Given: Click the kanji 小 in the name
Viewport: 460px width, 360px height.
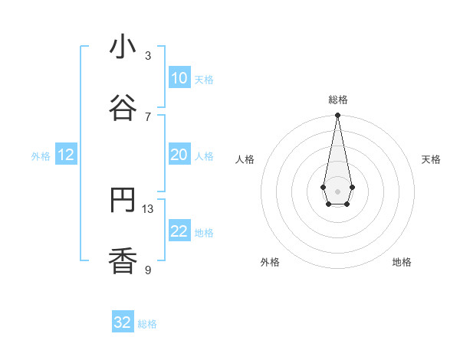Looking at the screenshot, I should click(x=123, y=47).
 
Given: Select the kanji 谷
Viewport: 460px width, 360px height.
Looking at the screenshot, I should click(x=123, y=109).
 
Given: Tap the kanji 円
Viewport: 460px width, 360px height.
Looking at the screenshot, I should click(x=123, y=201).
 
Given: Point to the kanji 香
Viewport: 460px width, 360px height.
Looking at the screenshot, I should click(x=123, y=262).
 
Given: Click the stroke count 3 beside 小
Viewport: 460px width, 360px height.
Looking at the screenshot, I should click(x=148, y=55).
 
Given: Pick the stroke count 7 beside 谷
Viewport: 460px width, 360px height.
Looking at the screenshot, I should click(x=148, y=116).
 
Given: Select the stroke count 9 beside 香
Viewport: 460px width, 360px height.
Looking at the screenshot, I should click(x=148, y=270).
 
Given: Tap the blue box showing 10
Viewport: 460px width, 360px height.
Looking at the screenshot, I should click(x=179, y=78).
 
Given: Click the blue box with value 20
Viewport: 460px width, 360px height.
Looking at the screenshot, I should click(x=179, y=155).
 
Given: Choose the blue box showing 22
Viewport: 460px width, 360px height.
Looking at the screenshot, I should click(x=179, y=231).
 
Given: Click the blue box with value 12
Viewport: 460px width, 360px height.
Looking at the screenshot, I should click(x=66, y=155).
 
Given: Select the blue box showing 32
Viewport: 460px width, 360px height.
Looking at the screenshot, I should click(x=123, y=322).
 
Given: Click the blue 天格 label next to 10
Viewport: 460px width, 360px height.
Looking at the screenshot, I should click(x=204, y=80).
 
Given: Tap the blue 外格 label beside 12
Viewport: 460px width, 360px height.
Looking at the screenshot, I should click(x=41, y=156).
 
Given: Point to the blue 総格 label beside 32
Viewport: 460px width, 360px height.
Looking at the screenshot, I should click(x=147, y=324).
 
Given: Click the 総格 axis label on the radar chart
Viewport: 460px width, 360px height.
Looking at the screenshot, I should click(x=337, y=100).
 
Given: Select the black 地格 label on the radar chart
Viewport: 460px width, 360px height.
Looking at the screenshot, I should click(x=402, y=262).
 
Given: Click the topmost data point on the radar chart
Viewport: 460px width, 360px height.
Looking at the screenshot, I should click(x=337, y=116).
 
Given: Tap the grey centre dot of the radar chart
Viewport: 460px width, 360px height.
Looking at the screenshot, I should click(x=337, y=191).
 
